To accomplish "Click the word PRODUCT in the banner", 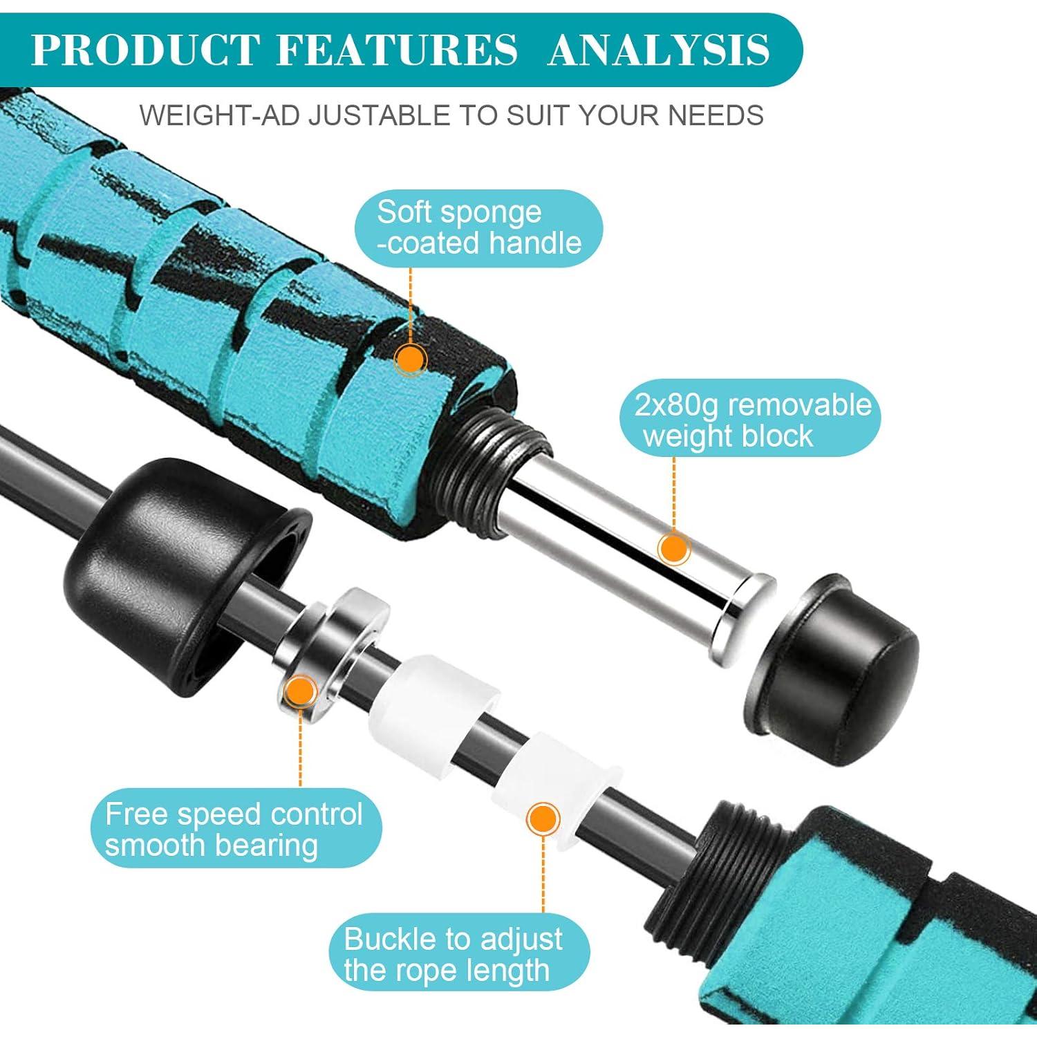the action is [144, 50].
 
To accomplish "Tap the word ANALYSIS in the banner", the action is [659, 50].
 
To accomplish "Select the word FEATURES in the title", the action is [397, 50].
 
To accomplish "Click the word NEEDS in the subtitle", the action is [716, 115].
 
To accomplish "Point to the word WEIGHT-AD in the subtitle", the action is [220, 115].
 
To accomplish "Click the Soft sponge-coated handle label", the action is [478, 228].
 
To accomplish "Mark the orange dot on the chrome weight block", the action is [673, 549].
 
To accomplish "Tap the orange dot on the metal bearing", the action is [301, 689].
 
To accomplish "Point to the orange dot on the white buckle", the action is [543, 819].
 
